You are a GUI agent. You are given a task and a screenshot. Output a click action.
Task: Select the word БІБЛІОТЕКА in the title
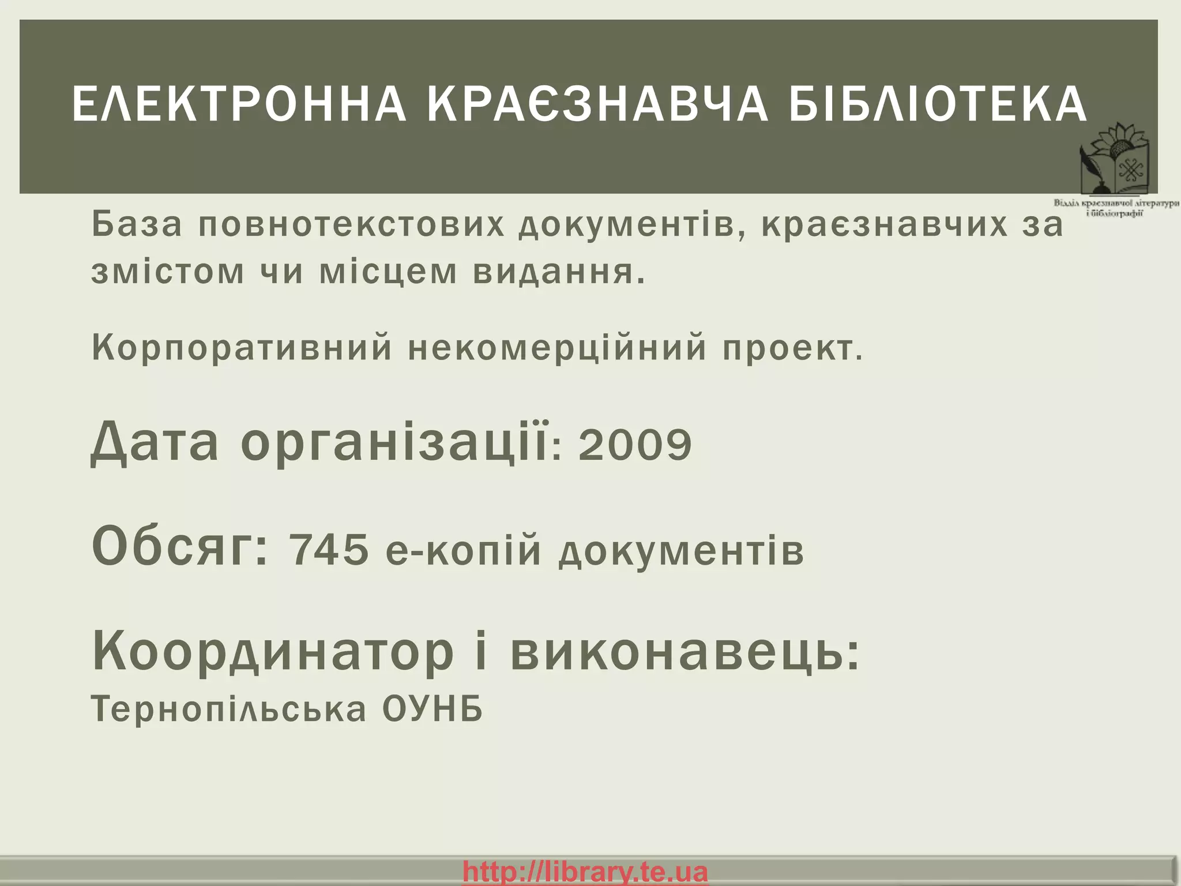pyautogui.click(x=938, y=105)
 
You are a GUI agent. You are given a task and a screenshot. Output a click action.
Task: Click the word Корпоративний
pyautogui.click(x=242, y=347)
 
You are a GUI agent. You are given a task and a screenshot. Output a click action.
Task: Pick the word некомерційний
pyautogui.click(x=557, y=347)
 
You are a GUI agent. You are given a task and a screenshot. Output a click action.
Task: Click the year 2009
pyautogui.click(x=635, y=445)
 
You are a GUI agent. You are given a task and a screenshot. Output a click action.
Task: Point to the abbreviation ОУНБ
pyautogui.click(x=432, y=709)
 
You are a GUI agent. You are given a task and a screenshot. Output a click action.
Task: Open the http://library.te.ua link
pyautogui.click(x=585, y=872)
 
